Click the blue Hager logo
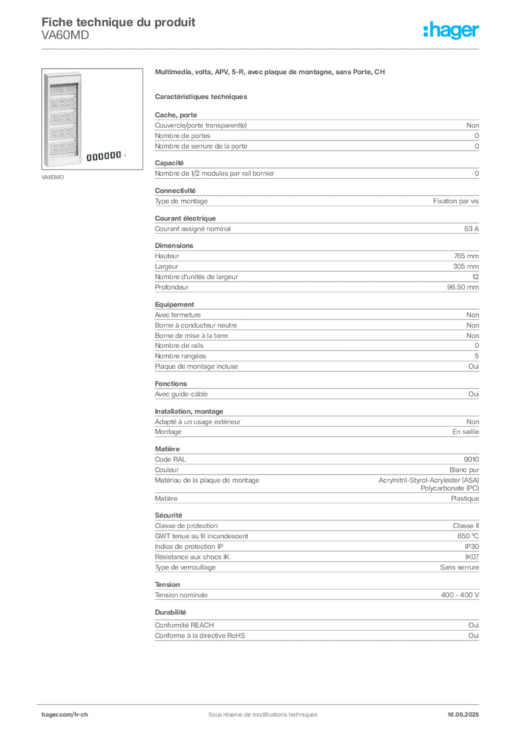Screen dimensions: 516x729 click(x=452, y=31)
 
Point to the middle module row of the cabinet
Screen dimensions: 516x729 click(x=63, y=116)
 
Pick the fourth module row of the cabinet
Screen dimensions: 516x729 click(x=63, y=131)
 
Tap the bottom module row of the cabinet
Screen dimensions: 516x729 click(x=63, y=147)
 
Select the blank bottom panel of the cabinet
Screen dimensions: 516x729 click(x=63, y=159)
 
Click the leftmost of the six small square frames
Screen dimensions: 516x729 click(x=91, y=155)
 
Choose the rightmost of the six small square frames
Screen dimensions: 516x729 click(x=118, y=155)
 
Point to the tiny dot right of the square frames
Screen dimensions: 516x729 click(x=125, y=155)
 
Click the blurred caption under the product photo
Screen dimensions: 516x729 click(x=54, y=176)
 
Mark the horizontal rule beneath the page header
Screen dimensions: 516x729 click(x=262, y=48)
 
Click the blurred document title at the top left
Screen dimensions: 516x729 click(x=118, y=21)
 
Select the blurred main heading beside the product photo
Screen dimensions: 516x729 click(x=271, y=73)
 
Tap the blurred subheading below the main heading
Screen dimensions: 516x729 click(x=202, y=96)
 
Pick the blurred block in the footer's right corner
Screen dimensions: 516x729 click(x=467, y=710)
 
